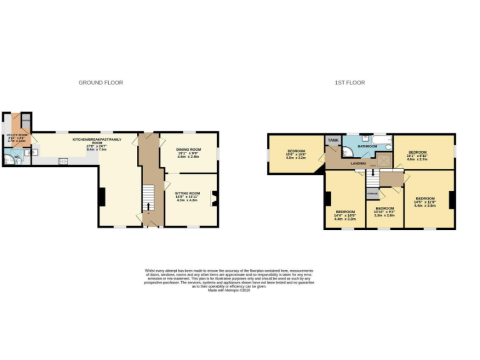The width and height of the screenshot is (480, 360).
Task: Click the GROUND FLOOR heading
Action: (101, 82)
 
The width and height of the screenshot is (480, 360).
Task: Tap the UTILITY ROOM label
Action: (17, 135)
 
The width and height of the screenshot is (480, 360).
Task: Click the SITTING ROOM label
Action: (189, 193)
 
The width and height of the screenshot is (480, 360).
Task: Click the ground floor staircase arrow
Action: (148, 207)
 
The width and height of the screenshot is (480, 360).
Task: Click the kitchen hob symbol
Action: (63, 161)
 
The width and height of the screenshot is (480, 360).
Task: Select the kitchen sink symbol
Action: (36, 151)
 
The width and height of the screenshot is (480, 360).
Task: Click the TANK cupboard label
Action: (333, 140)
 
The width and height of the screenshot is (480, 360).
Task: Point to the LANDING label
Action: (358, 163)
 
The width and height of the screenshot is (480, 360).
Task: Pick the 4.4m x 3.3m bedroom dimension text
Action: (345, 219)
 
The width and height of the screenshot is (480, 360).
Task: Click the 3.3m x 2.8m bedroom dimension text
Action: (384, 215)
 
